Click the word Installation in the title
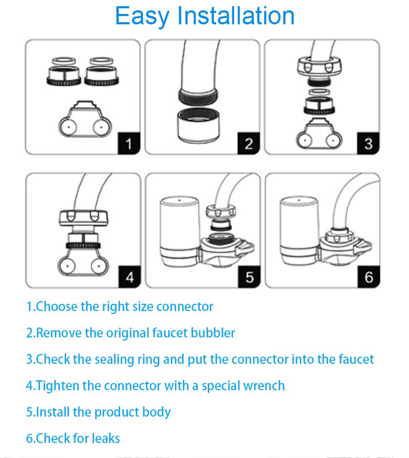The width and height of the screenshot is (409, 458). point(236,16)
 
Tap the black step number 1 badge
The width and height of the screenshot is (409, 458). point(129,143)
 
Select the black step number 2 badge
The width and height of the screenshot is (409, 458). point(249,143)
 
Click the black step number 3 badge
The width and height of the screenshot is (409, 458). point(368,143)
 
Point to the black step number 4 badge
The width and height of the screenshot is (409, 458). point(130,276)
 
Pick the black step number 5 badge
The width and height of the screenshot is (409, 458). point(249,276)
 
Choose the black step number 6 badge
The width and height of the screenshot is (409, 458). point(369,276)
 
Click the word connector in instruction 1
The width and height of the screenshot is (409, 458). point(185,307)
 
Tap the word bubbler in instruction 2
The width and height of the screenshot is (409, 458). point(213,333)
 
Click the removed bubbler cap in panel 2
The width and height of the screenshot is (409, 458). point(198,126)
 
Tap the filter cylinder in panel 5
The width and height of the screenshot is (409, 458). point(180,231)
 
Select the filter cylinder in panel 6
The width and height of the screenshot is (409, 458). point(299,230)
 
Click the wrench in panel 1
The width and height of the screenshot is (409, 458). point(85,120)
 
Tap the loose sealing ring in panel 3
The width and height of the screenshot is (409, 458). point(319,92)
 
